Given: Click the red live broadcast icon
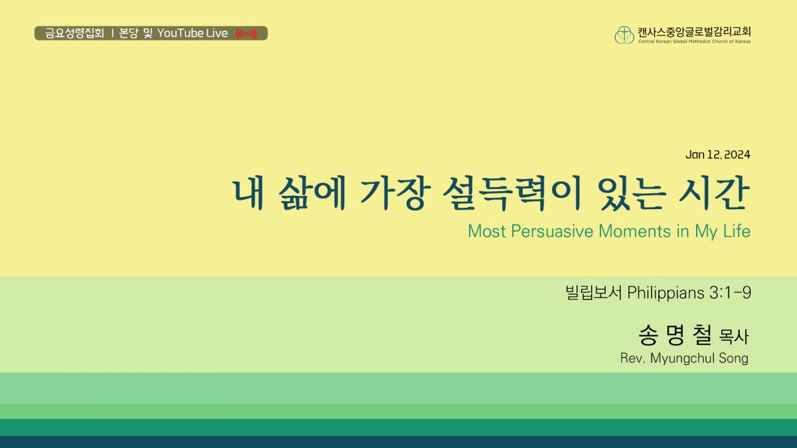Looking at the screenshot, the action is tap(246, 34).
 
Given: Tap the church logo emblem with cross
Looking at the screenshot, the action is tap(624, 35).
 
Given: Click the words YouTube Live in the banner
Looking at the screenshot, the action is tap(193, 33).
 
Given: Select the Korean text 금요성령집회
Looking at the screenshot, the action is tap(74, 33).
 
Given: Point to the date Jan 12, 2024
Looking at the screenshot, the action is tap(718, 155).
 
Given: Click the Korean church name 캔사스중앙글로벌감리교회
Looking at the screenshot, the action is tap(694, 32).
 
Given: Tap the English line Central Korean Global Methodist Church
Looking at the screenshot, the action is tap(694, 41).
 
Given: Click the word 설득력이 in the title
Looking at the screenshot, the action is tap(512, 194).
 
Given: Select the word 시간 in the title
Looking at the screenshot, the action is tap(714, 193).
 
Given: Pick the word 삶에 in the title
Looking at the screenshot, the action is tap(312, 193).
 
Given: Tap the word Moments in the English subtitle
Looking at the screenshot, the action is tap(635, 231).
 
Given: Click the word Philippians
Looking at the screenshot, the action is tap(665, 293).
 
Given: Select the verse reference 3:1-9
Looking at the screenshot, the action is tap(731, 293).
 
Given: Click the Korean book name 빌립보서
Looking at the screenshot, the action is tap(594, 293).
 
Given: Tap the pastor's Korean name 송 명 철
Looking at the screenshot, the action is tap(675, 335).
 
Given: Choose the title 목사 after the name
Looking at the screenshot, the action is tap(734, 336).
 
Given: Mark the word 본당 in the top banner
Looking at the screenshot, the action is tap(128, 33).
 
